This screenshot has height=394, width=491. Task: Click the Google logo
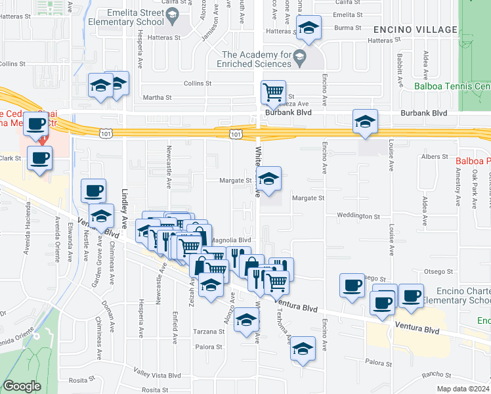(22, 386)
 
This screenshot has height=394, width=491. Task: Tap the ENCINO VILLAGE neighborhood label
(416, 30)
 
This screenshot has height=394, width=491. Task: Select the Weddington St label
(358, 215)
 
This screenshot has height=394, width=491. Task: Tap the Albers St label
(435, 157)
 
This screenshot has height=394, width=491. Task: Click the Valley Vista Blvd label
(157, 375)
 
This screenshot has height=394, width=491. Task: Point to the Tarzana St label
(209, 332)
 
